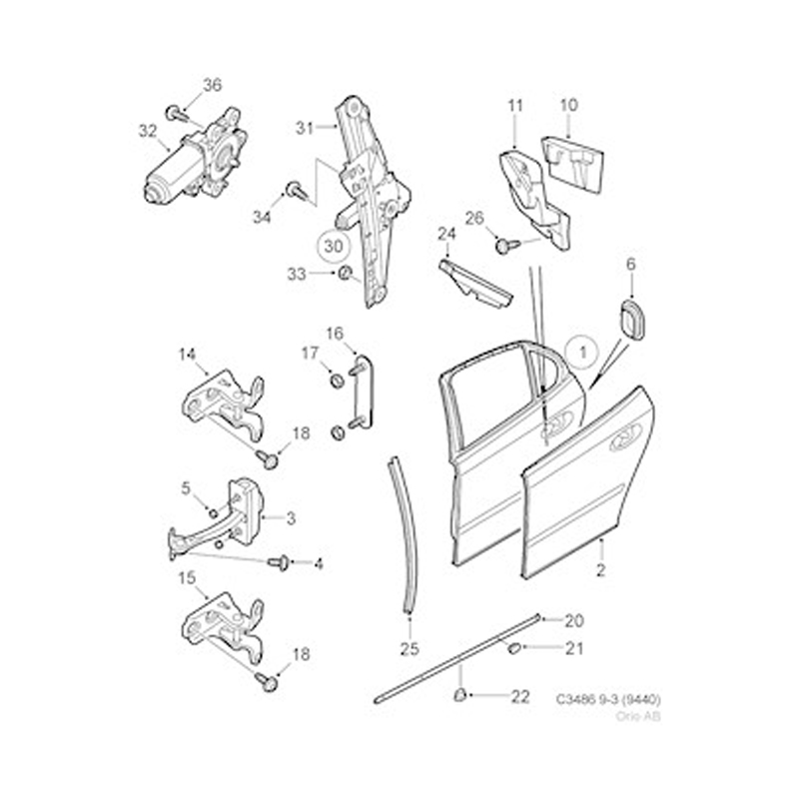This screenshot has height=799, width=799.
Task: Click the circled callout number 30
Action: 334,246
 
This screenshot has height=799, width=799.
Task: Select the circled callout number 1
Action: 582,353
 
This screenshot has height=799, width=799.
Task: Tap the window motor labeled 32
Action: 196,157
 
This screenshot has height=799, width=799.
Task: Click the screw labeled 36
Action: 177,114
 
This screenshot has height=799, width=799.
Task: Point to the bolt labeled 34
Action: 296,191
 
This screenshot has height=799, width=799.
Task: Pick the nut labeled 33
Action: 345,273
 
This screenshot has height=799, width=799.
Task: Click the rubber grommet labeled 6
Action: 631,320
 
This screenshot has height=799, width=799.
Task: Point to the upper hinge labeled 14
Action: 223,405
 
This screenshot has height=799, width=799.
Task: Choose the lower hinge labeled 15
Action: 223,629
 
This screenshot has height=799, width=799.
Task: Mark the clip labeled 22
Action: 460,694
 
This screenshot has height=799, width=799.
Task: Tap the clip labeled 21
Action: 513,647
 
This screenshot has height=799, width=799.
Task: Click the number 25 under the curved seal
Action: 409,648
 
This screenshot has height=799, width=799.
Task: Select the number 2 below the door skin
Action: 601,570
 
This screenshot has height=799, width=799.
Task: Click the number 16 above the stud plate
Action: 335,334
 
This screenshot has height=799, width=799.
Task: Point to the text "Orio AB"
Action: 638,716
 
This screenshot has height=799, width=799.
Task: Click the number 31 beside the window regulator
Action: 305,128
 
